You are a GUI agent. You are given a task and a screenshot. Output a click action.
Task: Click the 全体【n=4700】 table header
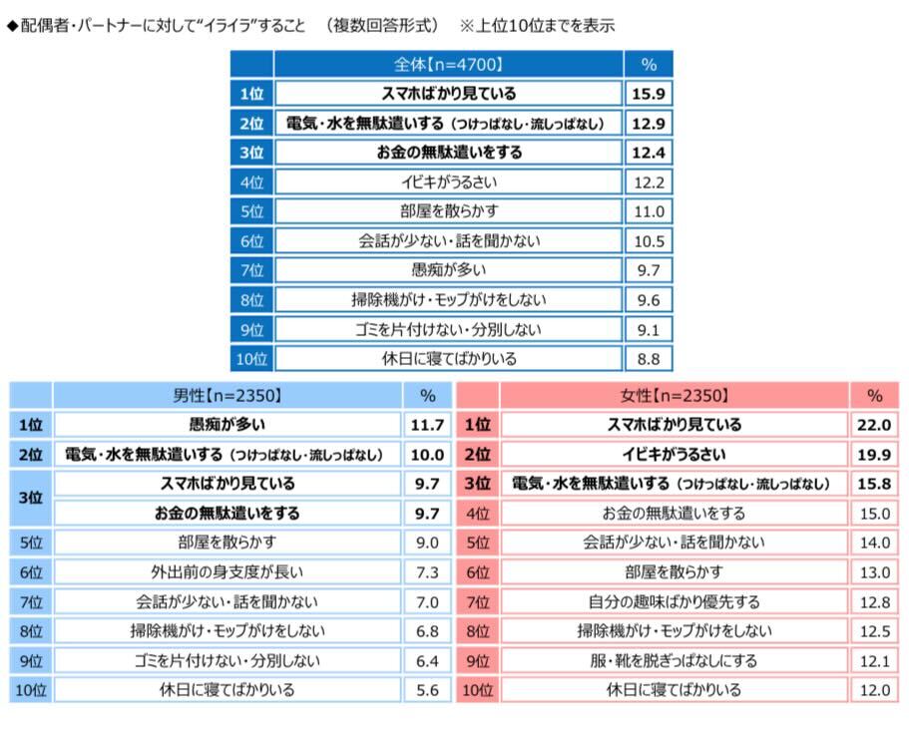448,65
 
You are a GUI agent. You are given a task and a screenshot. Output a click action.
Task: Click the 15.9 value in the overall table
649,94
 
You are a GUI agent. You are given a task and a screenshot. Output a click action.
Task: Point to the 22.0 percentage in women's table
875,425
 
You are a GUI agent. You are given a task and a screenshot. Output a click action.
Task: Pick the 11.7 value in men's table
427,425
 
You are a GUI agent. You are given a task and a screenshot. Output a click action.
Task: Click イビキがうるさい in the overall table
448,183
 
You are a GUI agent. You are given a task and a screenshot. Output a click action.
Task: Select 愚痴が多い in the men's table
228,425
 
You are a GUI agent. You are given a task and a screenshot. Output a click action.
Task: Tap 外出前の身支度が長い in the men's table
228,572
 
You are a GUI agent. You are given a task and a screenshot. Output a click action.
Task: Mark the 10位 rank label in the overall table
251,359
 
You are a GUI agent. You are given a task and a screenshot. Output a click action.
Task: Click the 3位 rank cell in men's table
31,499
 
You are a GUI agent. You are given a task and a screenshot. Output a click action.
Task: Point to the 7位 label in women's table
478,601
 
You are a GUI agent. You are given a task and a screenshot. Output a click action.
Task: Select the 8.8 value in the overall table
649,359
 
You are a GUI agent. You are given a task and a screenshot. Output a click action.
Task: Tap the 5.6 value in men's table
427,690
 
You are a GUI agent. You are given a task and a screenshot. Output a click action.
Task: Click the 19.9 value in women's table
875,455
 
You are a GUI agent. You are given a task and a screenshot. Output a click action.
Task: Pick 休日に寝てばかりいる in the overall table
448,359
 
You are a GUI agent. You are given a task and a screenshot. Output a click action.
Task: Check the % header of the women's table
875,395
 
